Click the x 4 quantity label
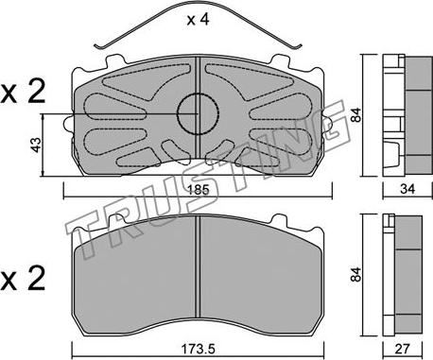tap(198, 20)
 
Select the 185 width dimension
tap(198, 190)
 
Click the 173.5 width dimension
tap(198, 349)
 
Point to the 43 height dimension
tap(37, 146)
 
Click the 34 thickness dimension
tap(407, 189)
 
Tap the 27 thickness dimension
tap(403, 349)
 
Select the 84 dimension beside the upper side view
tap(355, 115)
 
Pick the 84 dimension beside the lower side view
tap(355, 274)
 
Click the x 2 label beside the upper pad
tap(23, 93)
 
